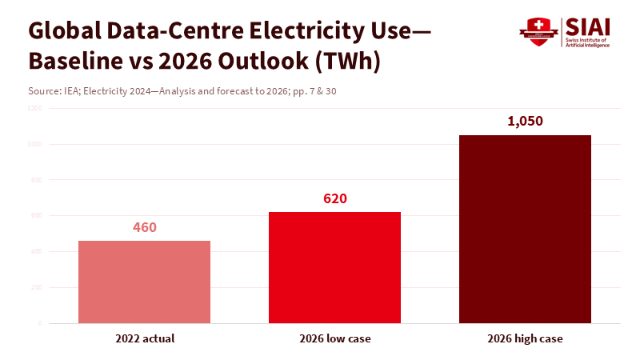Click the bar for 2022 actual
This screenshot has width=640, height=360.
point(144,282)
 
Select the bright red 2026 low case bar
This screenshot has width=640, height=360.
point(334,267)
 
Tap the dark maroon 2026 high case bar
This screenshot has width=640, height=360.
point(525,229)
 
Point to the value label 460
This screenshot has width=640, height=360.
point(144,227)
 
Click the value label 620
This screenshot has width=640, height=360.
point(334,198)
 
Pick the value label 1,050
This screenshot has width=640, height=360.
point(525,122)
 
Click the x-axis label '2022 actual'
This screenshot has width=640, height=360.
point(144,338)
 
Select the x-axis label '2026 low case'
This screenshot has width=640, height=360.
point(334,338)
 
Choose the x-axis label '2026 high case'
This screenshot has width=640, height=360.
point(525,338)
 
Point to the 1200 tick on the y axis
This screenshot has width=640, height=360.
point(36,108)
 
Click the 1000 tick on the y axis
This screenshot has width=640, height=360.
point(36,144)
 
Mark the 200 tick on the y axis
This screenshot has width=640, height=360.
point(37,287)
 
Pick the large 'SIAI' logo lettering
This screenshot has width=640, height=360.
point(586,27)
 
